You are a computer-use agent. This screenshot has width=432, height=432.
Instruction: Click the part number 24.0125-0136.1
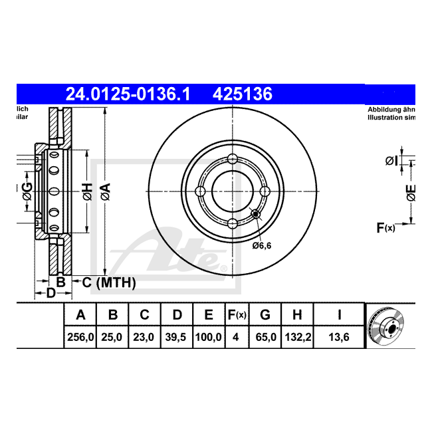click(x=128, y=94)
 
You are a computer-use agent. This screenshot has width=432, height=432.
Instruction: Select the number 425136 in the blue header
click(x=242, y=94)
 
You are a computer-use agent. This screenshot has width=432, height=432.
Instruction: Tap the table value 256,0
click(x=80, y=337)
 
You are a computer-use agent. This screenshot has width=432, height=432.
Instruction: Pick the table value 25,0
click(x=112, y=337)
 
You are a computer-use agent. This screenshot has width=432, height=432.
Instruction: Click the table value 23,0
click(x=143, y=337)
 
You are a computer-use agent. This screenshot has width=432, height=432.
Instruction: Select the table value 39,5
click(x=177, y=337)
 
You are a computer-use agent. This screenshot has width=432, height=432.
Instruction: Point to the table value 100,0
click(x=208, y=337)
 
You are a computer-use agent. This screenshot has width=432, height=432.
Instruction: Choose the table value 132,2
click(x=297, y=337)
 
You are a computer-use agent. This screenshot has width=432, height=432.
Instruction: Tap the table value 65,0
click(x=265, y=337)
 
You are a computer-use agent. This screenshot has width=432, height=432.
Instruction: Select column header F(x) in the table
click(x=236, y=314)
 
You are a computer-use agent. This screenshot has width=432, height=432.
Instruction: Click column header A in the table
click(x=80, y=314)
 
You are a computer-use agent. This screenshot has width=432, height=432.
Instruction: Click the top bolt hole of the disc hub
click(x=232, y=159)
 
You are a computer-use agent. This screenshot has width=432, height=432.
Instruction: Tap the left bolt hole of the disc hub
click(x=200, y=191)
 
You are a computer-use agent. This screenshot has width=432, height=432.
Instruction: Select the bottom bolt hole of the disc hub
click(x=232, y=223)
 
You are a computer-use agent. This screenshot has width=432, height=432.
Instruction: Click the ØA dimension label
click(x=105, y=192)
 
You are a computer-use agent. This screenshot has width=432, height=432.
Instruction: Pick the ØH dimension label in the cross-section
click(x=86, y=192)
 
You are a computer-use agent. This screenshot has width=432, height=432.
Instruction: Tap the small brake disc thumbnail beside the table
click(x=389, y=326)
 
